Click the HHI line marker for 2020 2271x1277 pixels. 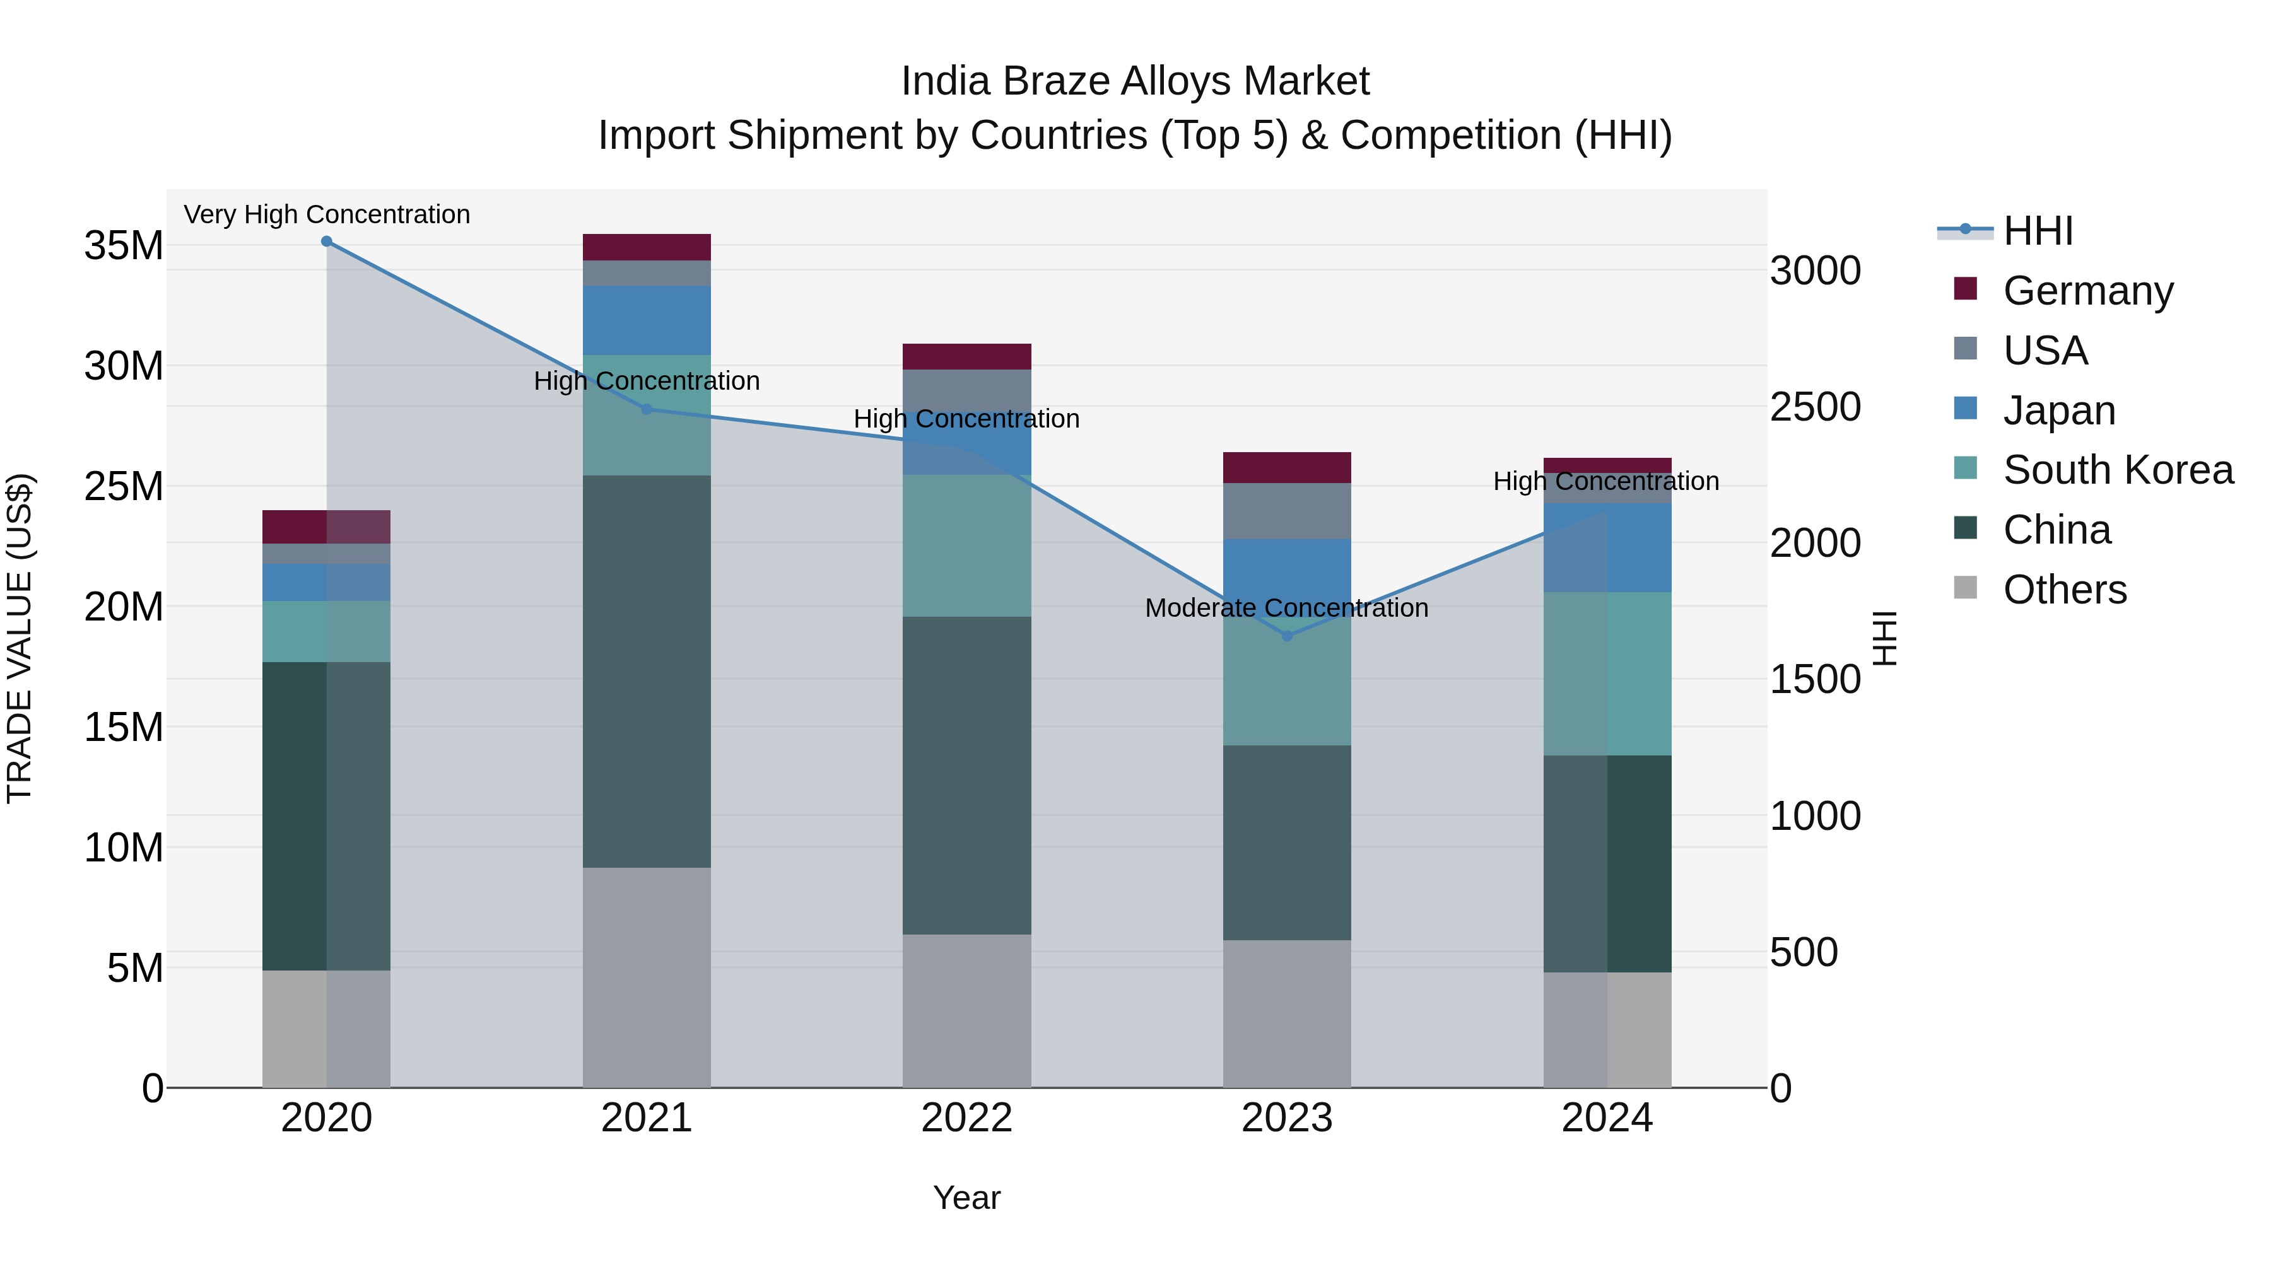(326, 242)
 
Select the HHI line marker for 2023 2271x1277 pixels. (1286, 636)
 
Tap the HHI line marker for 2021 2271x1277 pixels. (646, 409)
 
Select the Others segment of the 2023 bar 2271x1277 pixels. (1286, 1013)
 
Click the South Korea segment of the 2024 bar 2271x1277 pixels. (1607, 673)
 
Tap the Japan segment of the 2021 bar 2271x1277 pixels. (646, 320)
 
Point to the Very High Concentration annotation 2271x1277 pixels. (326, 214)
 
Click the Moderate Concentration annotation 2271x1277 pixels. (1286, 608)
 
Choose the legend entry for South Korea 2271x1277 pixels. (2118, 470)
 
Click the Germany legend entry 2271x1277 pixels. (2087, 290)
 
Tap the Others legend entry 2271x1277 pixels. (2064, 590)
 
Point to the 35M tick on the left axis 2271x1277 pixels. (124, 246)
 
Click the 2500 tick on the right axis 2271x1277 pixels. (1815, 407)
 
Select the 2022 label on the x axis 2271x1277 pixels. (966, 1118)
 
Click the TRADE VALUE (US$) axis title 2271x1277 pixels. (20, 638)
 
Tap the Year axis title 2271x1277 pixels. (966, 1198)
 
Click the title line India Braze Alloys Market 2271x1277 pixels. (1135, 81)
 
